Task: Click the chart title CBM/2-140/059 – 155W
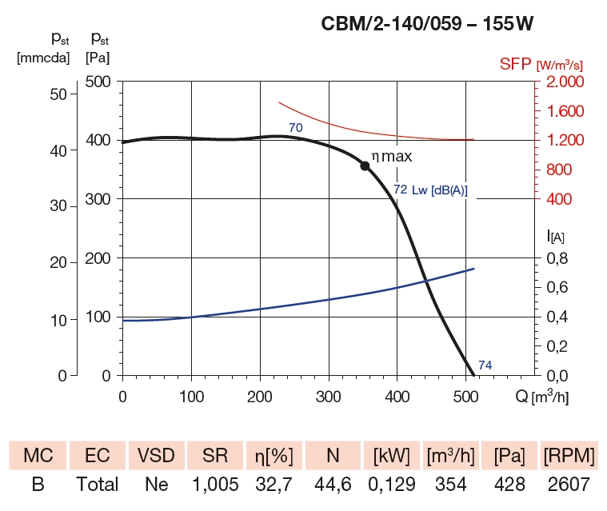pos(426,25)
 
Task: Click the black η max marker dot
pos(365,166)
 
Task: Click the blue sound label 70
pos(295,127)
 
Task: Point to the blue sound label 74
pos(485,365)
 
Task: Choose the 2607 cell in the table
pos(569,484)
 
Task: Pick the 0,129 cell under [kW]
pos(391,484)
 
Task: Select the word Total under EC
pos(97,484)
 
